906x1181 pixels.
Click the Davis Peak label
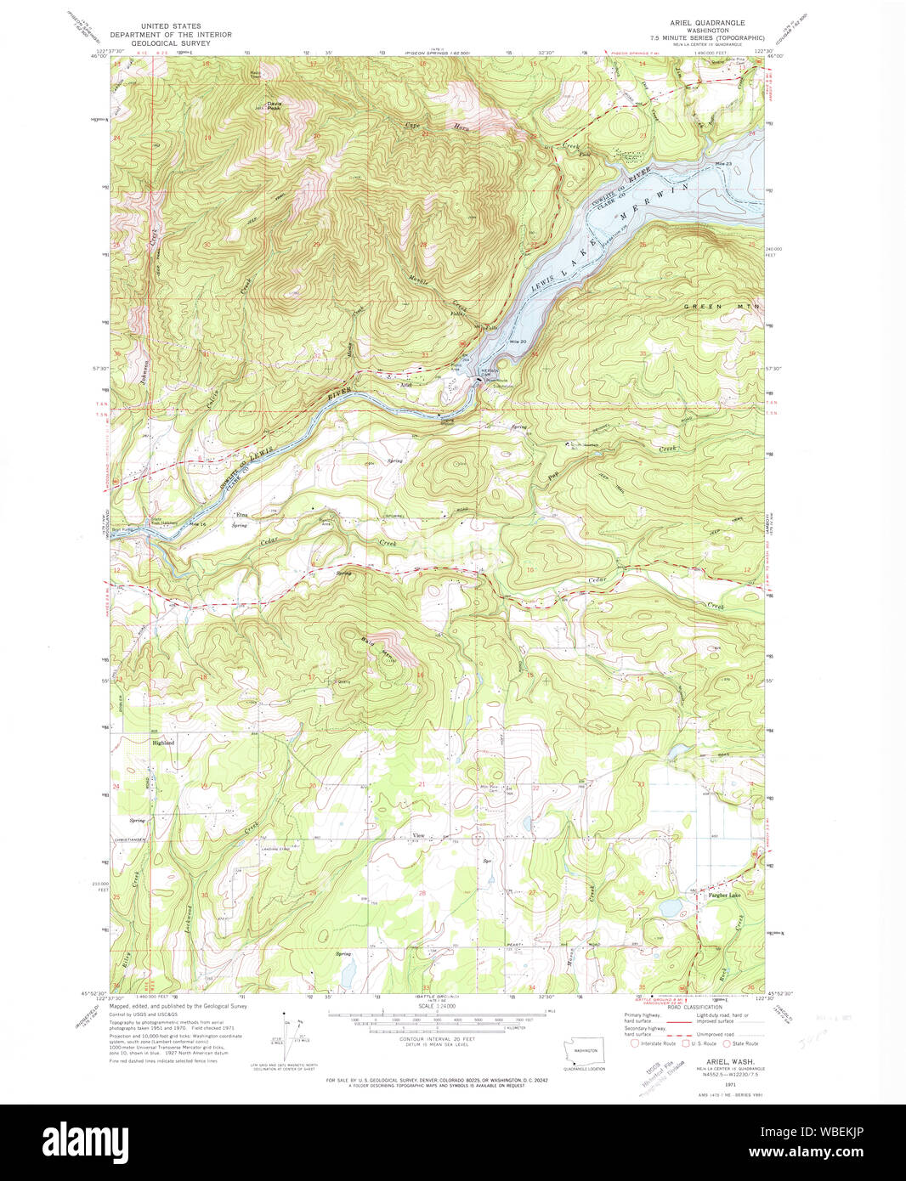pyautogui.click(x=274, y=106)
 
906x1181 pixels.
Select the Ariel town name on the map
pyautogui.click(x=406, y=385)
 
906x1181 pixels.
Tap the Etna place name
pyautogui.click(x=241, y=515)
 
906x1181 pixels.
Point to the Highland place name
pyautogui.click(x=163, y=743)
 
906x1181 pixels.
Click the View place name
pyautogui.click(x=418, y=836)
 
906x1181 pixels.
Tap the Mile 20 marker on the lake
pyautogui.click(x=518, y=342)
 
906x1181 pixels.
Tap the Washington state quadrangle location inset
pyautogui.click(x=581, y=1051)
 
